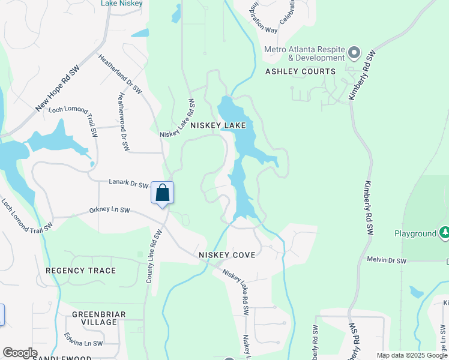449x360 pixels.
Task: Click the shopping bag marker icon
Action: click(x=162, y=193)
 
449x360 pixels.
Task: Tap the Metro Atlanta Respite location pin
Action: click(x=354, y=53)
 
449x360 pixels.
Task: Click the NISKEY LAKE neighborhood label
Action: click(x=218, y=125)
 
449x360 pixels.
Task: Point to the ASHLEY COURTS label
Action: click(x=300, y=71)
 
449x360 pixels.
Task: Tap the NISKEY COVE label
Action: click(x=227, y=255)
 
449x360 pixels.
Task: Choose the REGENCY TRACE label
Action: click(x=81, y=271)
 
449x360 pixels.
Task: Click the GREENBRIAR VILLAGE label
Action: click(x=94, y=318)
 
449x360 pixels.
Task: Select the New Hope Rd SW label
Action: click(x=58, y=89)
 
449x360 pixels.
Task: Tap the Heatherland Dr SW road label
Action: click(x=120, y=74)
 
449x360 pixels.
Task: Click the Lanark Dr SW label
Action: click(x=128, y=184)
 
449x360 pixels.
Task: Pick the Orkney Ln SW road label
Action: click(x=109, y=210)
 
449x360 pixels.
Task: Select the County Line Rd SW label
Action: click(x=154, y=256)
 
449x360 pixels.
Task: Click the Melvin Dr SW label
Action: click(x=386, y=260)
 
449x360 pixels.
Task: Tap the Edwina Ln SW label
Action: click(x=84, y=343)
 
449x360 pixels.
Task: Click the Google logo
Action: click(x=20, y=353)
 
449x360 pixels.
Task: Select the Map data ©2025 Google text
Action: click(x=412, y=355)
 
